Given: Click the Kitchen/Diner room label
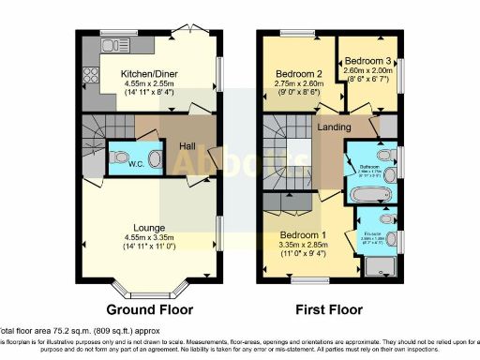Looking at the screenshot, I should pyautogui.click(x=149, y=72).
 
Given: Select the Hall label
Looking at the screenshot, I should pyautogui.click(x=186, y=145).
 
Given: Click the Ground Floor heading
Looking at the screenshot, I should pyautogui.click(x=150, y=308).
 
